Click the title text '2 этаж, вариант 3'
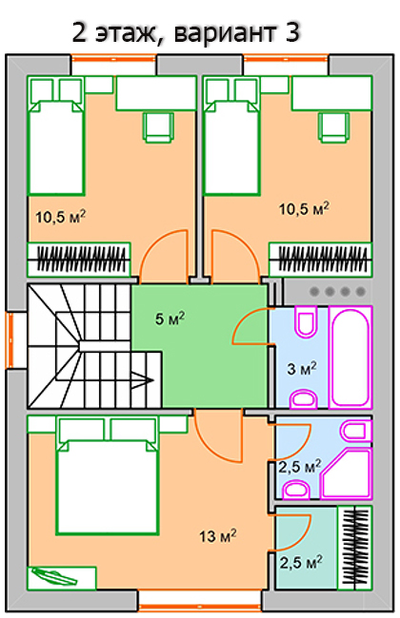[x=186, y=33]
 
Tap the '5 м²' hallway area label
[x=170, y=319]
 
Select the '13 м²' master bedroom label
[x=218, y=536]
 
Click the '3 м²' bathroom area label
[x=302, y=369]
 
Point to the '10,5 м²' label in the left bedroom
[x=61, y=217]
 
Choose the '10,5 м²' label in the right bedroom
[x=304, y=208]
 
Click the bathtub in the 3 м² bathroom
[x=350, y=357]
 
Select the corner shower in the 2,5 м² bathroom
[x=347, y=473]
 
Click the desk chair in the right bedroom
[x=333, y=126]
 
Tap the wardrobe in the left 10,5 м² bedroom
[x=79, y=260]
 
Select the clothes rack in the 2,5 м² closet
[x=355, y=548]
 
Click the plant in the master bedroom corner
[x=54, y=576]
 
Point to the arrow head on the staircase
[x=145, y=380]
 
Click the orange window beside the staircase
[x=9, y=340]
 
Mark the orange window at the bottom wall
[x=200, y=607]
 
